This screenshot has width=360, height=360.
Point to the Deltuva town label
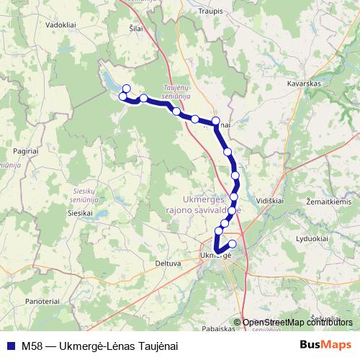point(167,264)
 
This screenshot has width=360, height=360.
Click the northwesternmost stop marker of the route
point(127,89)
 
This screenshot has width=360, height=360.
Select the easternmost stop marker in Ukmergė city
point(233,244)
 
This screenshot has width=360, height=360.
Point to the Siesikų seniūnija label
point(89,194)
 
